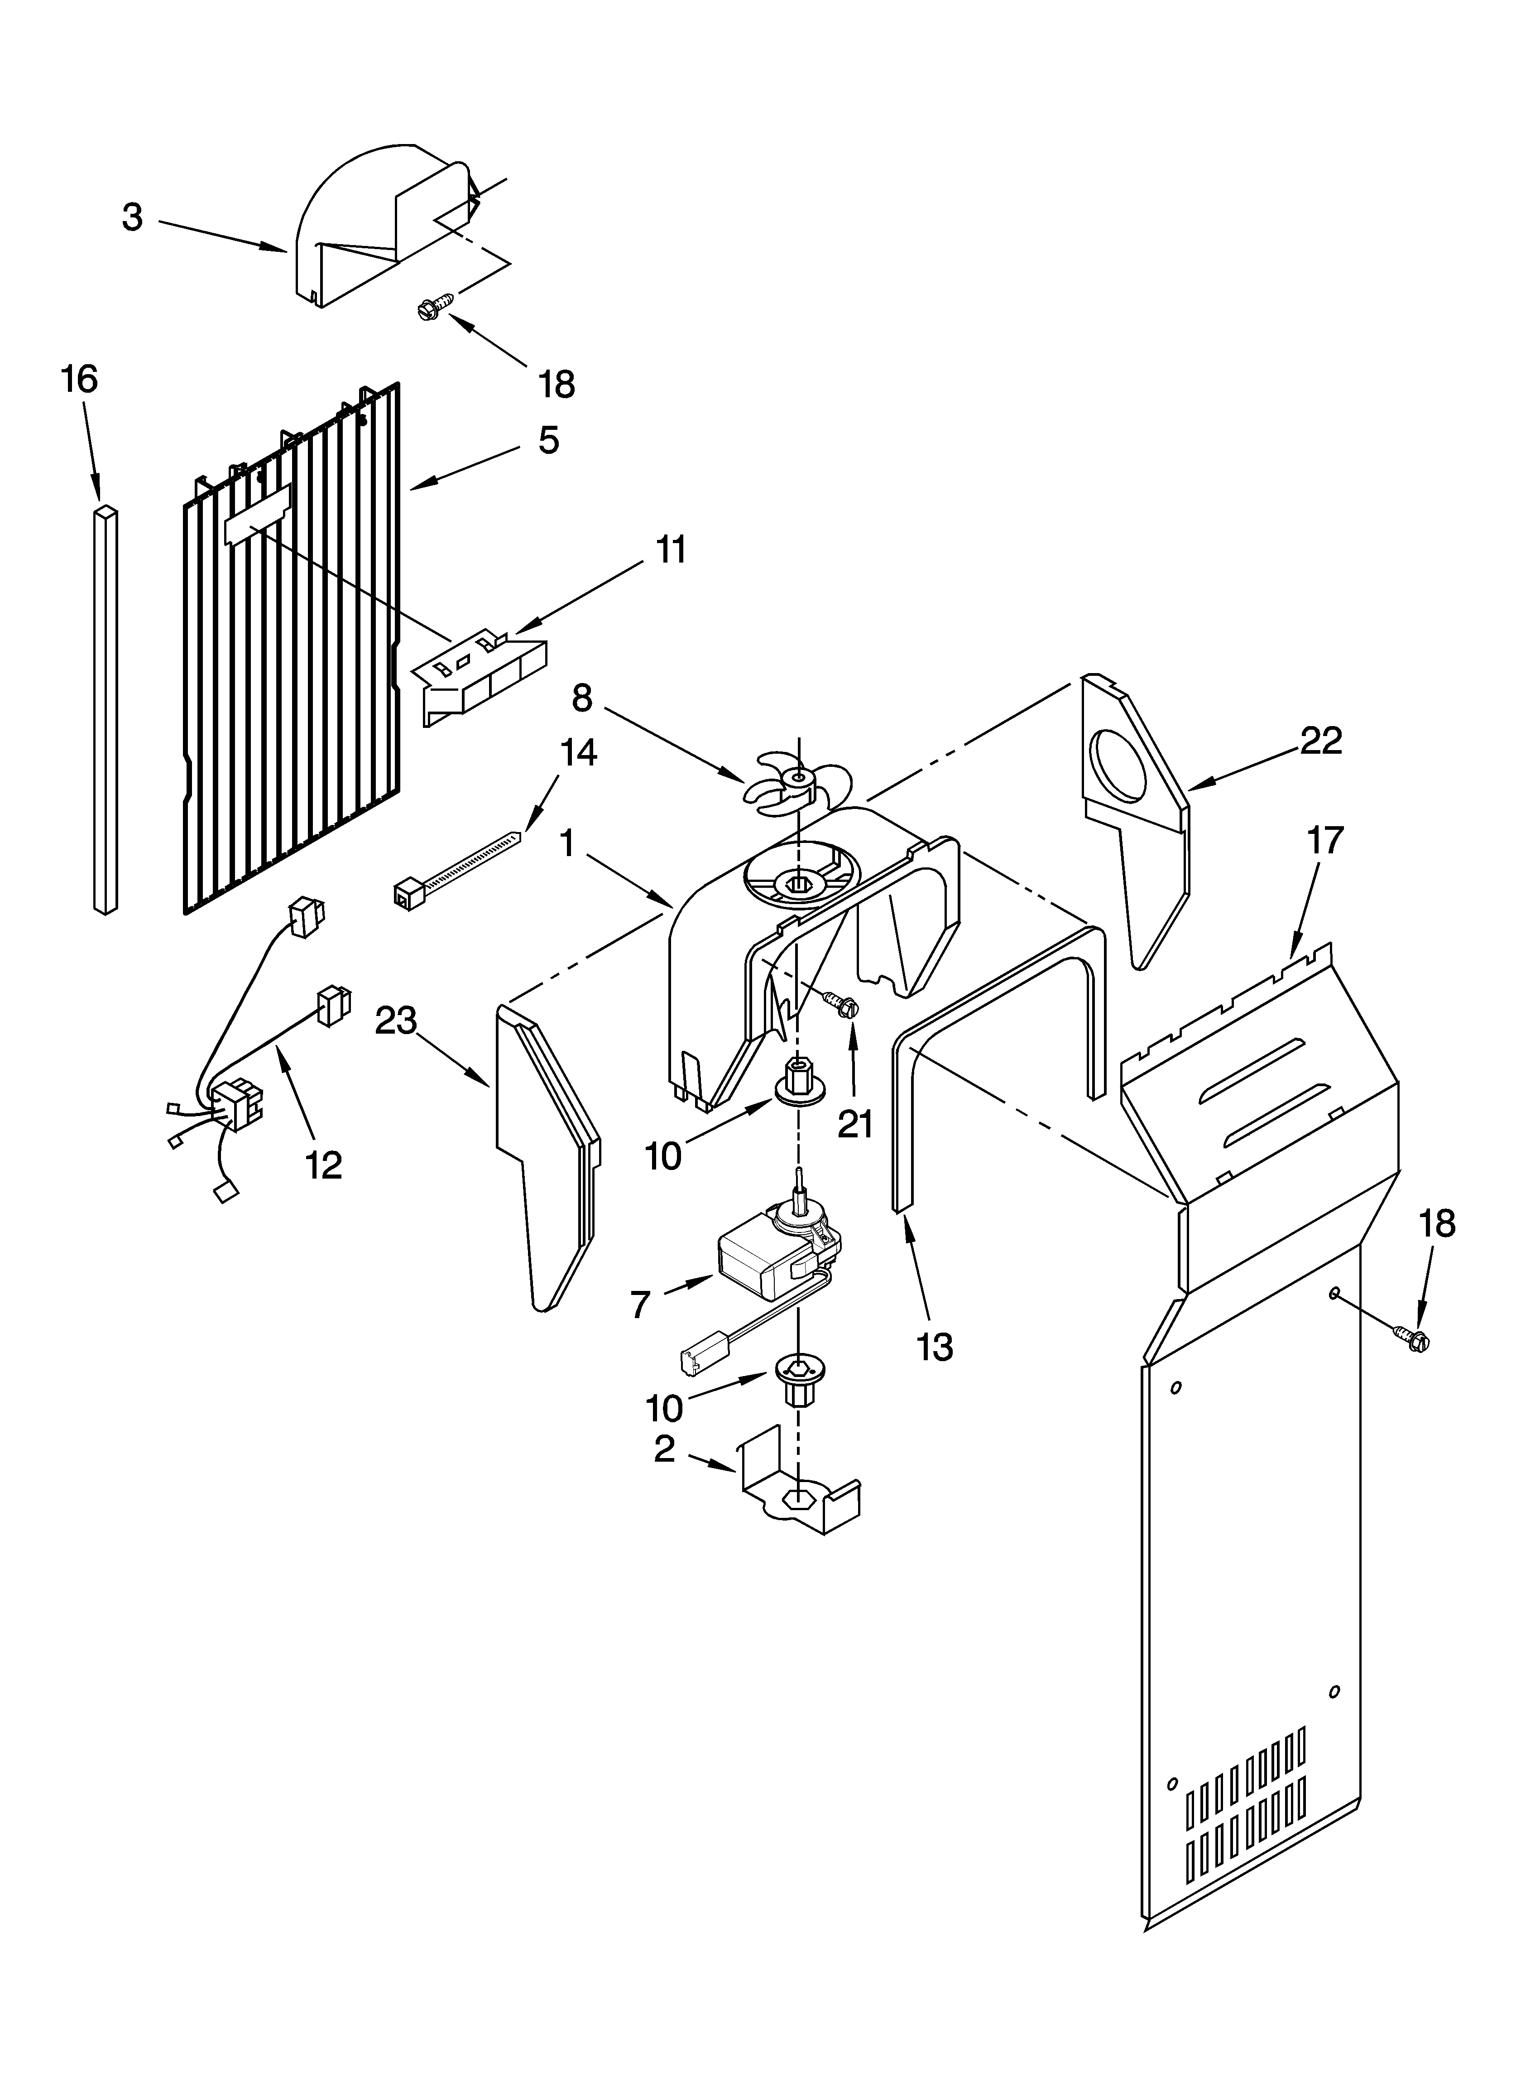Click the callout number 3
[x=133, y=218]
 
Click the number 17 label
[x=1325, y=840]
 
